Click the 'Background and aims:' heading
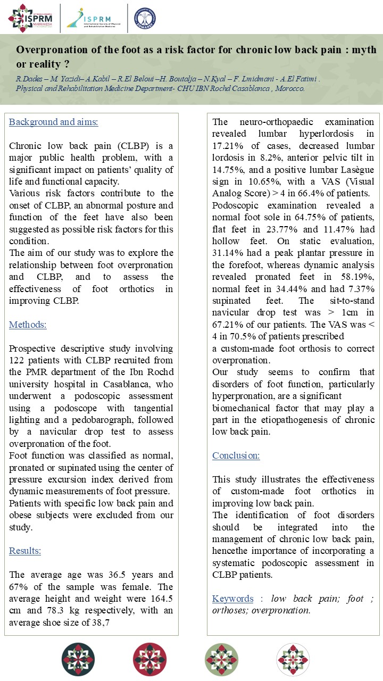click(x=53, y=122)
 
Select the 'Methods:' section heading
click(x=28, y=325)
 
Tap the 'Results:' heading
click(x=25, y=551)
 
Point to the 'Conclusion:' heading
click(x=236, y=455)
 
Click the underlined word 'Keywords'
click(x=232, y=599)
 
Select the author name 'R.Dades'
click(x=29, y=79)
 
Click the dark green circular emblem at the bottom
click(x=78, y=659)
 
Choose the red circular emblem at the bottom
click(x=150, y=659)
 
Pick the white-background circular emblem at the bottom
click(x=293, y=659)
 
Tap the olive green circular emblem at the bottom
click(x=221, y=659)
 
